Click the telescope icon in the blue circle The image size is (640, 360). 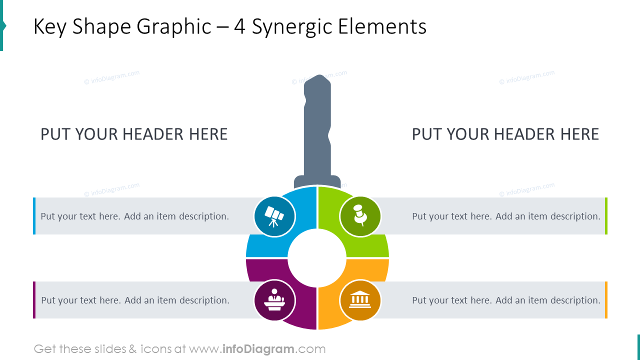point(274,216)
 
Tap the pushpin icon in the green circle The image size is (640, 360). point(360,215)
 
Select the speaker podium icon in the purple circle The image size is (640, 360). point(274,299)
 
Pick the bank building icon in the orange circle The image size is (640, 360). point(360,299)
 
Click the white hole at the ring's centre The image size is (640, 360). point(317,258)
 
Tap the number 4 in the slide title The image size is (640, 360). point(239,27)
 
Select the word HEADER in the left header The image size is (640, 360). point(153,134)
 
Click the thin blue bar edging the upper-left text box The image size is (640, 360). point(34,216)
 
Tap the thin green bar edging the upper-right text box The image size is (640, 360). point(606,216)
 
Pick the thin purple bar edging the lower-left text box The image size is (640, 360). point(34,300)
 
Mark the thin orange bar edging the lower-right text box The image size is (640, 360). point(606,300)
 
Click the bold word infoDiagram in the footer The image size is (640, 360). point(258,349)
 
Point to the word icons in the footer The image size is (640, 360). point(156,349)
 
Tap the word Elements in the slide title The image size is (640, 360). point(382,26)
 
